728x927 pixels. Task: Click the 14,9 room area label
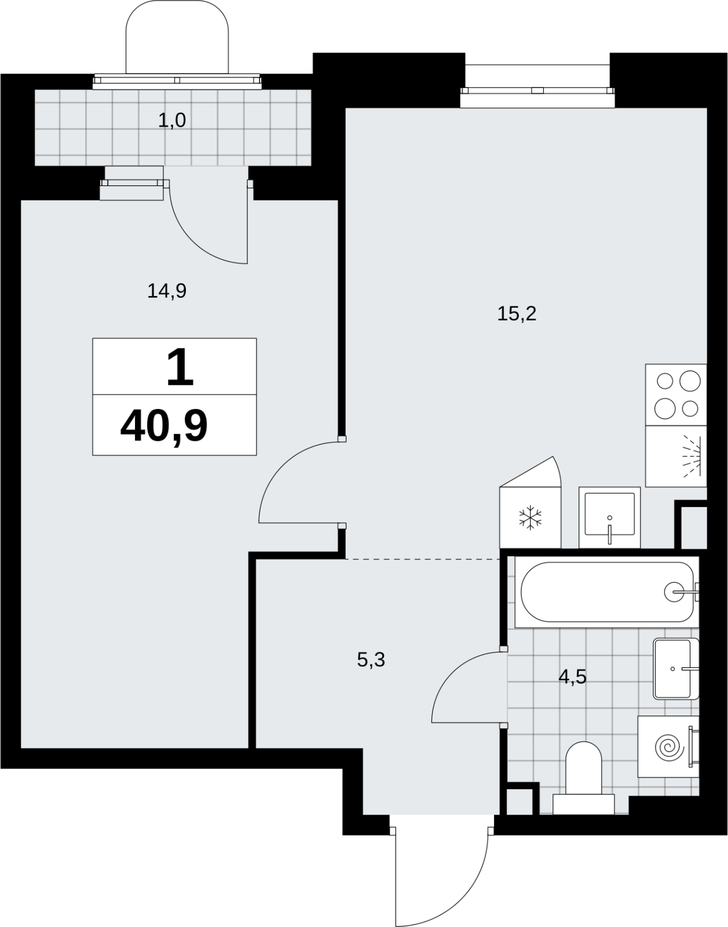click(167, 291)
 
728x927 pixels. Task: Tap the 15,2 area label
click(517, 314)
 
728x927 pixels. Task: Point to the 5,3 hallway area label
click(371, 660)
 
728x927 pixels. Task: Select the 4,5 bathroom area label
click(573, 677)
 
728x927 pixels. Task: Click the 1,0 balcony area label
click(172, 121)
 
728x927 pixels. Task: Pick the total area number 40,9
click(164, 426)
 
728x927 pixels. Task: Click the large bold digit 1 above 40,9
click(180, 367)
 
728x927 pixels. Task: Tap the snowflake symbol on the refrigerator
click(531, 518)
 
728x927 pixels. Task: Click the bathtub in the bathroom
click(606, 592)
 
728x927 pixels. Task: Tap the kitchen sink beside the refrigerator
click(609, 517)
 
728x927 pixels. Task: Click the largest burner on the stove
click(690, 381)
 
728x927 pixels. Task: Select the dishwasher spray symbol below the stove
click(691, 456)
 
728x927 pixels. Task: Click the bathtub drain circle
click(674, 592)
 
